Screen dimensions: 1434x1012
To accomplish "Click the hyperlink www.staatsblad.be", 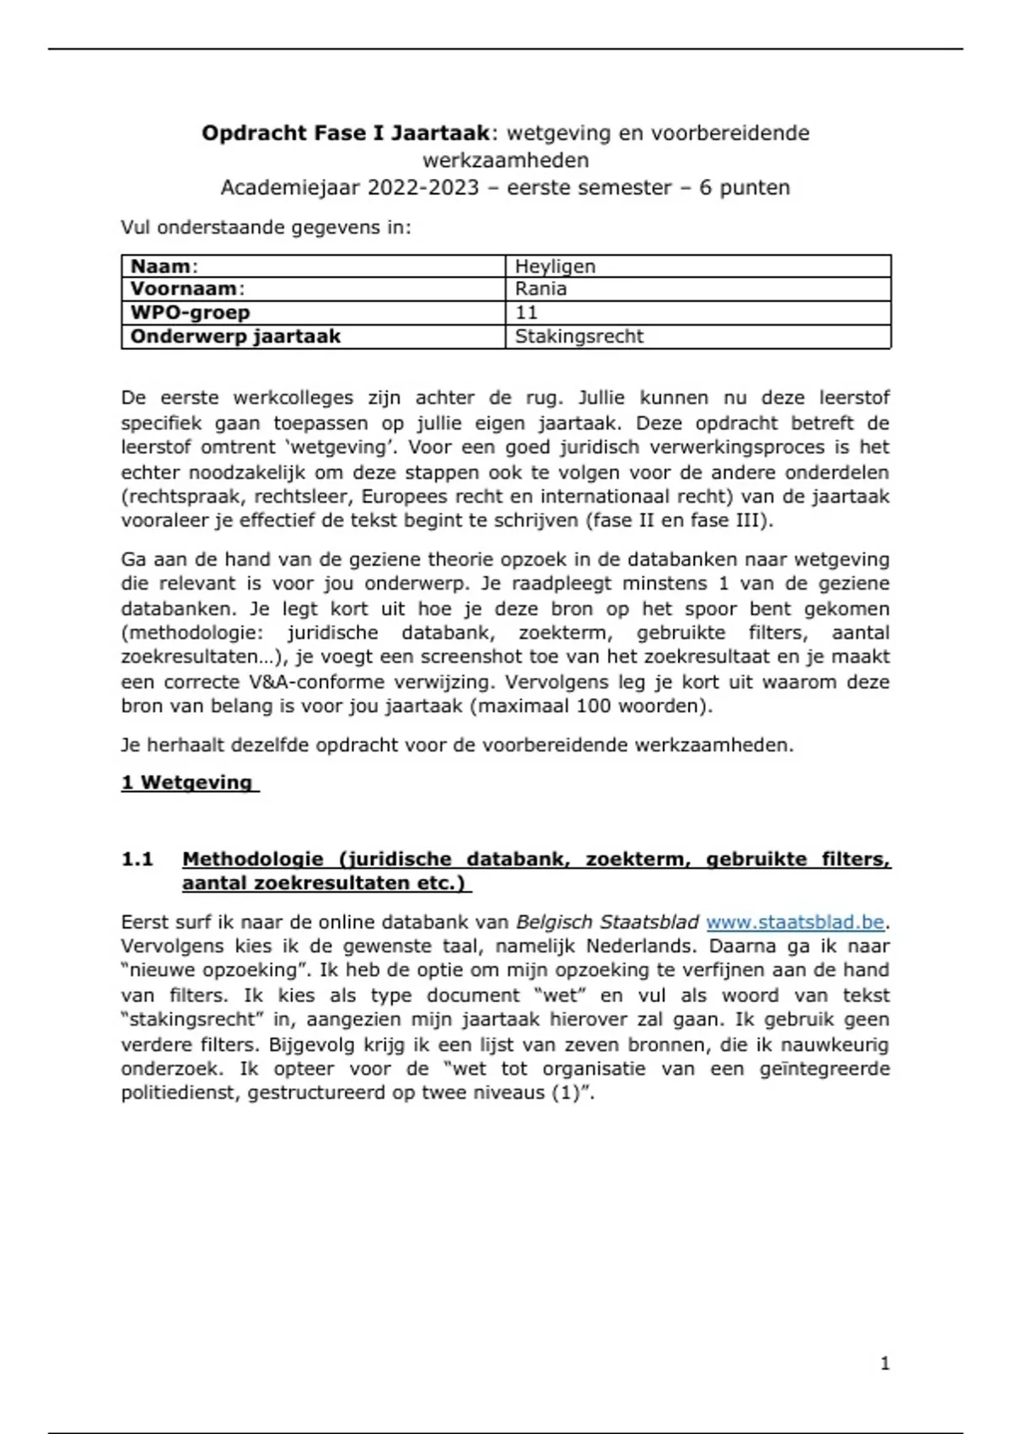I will click(x=794, y=922).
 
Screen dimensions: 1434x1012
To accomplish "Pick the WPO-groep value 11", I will click(x=526, y=312).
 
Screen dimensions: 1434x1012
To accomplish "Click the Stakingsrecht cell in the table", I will click(x=579, y=337).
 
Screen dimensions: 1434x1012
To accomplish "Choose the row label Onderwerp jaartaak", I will click(x=235, y=337).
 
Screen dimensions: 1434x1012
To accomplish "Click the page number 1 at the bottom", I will click(x=885, y=1363).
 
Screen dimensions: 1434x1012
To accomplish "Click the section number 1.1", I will click(x=137, y=860).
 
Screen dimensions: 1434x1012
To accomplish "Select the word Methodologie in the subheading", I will click(x=252, y=860).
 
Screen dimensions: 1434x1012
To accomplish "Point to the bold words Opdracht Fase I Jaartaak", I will click(x=346, y=133).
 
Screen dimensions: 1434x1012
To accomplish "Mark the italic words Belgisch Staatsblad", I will click(x=607, y=922).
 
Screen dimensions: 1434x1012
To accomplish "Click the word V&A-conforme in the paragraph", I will click(x=316, y=682).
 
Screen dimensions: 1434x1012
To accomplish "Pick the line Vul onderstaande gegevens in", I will click(x=266, y=228).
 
